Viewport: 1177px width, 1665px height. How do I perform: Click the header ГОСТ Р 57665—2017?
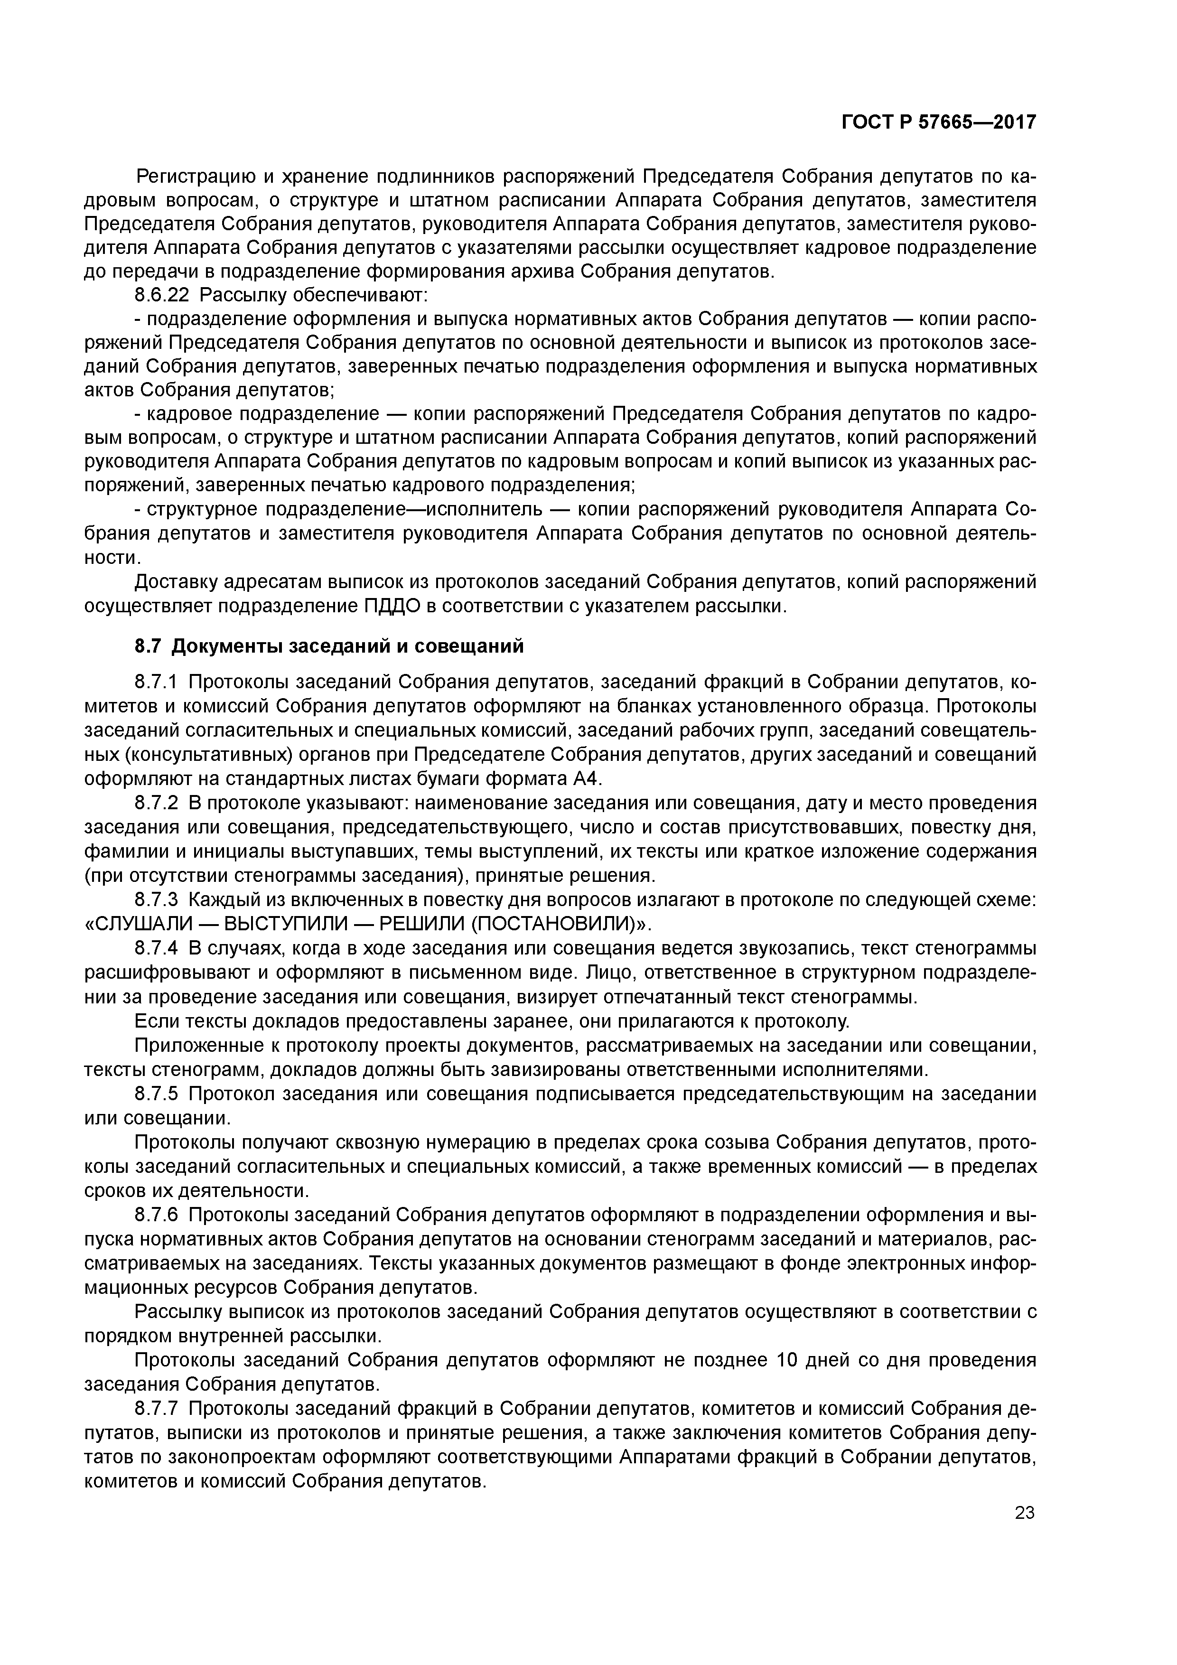pyautogui.click(x=938, y=122)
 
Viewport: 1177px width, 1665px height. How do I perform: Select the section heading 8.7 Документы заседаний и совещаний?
pyautogui.click(x=328, y=645)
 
